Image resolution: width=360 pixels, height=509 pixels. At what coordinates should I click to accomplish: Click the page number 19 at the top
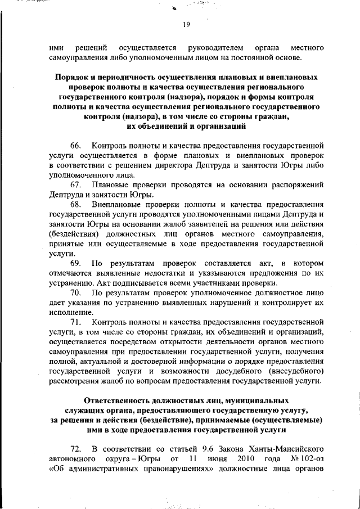point(187,24)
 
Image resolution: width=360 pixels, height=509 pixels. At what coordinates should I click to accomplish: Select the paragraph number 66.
point(75,146)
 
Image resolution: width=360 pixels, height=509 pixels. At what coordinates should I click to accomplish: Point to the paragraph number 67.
point(75,185)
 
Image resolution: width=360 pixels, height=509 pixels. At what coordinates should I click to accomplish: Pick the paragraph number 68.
point(75,205)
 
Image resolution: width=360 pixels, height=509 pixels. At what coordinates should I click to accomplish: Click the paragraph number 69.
point(75,264)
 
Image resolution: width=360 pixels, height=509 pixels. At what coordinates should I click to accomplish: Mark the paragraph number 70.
point(75,293)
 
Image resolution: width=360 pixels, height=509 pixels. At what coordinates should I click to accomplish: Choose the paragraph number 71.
point(75,323)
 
